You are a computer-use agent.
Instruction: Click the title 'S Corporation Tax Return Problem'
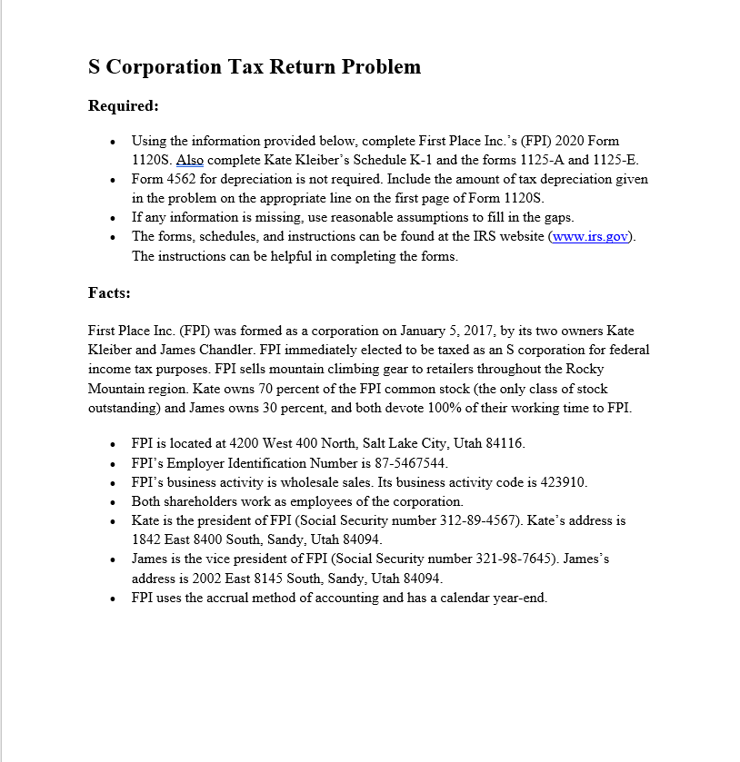click(255, 67)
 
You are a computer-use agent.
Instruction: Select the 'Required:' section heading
click(124, 106)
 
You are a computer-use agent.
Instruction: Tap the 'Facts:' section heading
click(109, 292)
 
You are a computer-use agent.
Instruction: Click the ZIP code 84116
click(504, 444)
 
